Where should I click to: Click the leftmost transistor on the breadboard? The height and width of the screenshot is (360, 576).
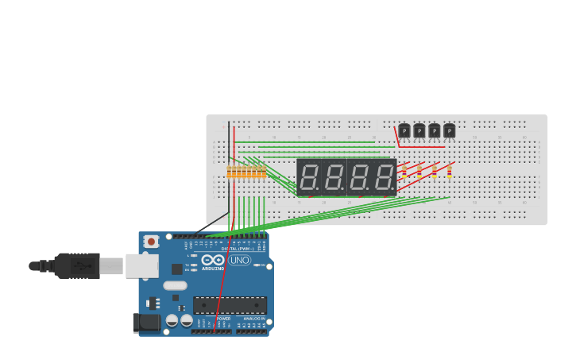[x=404, y=130]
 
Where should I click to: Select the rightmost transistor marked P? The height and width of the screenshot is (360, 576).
[x=450, y=130]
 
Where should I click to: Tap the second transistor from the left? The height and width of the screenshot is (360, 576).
[x=419, y=130]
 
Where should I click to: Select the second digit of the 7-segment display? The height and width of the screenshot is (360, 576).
[x=334, y=177]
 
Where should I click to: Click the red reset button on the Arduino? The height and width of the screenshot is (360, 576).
[x=150, y=241]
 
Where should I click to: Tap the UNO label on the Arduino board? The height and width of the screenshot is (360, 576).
[x=239, y=260]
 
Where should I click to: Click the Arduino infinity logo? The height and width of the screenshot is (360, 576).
[x=213, y=260]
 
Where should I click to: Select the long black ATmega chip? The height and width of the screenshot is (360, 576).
[x=230, y=305]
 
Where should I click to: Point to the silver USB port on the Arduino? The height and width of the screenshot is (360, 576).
[x=141, y=266]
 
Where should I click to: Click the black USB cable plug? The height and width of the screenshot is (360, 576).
[x=77, y=265]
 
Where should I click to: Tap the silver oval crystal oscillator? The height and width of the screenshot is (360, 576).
[x=175, y=285]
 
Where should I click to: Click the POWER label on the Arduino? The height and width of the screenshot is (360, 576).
[x=223, y=319]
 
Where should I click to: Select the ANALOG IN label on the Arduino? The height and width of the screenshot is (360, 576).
[x=254, y=319]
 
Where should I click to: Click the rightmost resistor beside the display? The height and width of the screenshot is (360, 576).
[x=449, y=171]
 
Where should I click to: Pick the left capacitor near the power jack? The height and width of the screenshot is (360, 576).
[x=172, y=320]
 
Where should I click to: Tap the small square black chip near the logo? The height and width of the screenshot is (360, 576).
[x=176, y=269]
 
